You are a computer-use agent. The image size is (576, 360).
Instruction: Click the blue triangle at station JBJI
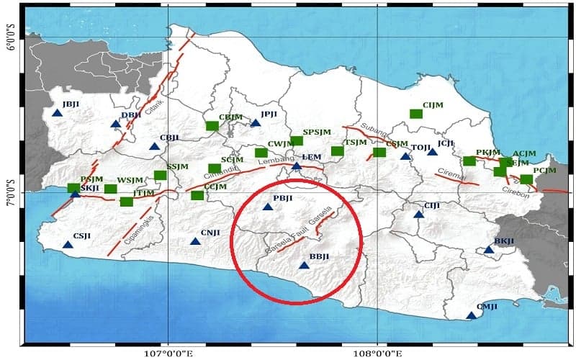pyautogui.click(x=57, y=112)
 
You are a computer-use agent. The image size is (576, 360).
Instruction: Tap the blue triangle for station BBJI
pyautogui.click(x=304, y=265)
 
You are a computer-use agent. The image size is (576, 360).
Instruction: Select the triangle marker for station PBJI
pyautogui.click(x=268, y=207)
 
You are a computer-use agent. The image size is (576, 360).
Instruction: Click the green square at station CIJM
pyautogui.click(x=415, y=114)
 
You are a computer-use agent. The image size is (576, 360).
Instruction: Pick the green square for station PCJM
pyautogui.click(x=526, y=179)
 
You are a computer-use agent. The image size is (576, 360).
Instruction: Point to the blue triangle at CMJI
pyautogui.click(x=472, y=315)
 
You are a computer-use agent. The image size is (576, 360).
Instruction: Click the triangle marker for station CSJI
pyautogui.click(x=68, y=244)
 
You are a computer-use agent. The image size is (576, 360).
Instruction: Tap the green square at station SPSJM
pyautogui.click(x=297, y=141)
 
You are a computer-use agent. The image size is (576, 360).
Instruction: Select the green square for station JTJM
pyautogui.click(x=127, y=202)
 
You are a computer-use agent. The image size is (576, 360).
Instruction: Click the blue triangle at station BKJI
pyautogui.click(x=489, y=250)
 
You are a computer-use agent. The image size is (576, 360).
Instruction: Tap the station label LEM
pyautogui.click(x=311, y=157)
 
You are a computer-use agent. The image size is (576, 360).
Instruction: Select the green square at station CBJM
pyautogui.click(x=212, y=126)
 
